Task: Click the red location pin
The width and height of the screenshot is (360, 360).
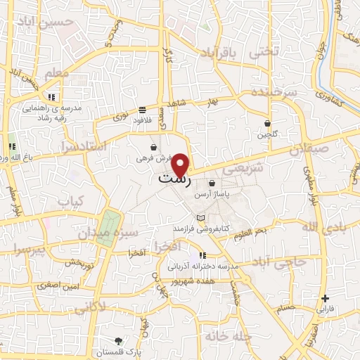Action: (x=181, y=165)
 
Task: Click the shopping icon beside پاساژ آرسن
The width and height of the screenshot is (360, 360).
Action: (x=212, y=184)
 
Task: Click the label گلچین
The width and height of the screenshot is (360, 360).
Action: (x=266, y=134)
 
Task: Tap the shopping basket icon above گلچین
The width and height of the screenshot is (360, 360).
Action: (x=267, y=123)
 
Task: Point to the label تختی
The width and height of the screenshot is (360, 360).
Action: (x=266, y=51)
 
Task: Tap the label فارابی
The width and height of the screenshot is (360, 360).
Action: (x=326, y=309)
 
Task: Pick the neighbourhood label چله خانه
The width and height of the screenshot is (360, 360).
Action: (x=228, y=336)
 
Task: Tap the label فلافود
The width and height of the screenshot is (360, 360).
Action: (x=145, y=120)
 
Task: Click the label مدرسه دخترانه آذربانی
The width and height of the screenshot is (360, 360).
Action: (x=203, y=267)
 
